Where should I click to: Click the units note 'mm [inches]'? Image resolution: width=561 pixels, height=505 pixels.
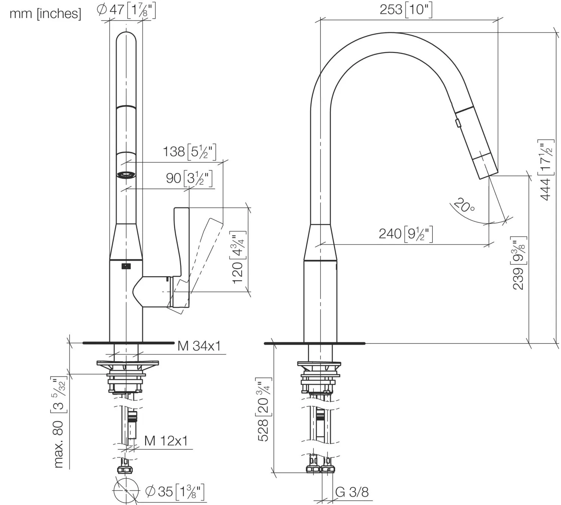(45, 14)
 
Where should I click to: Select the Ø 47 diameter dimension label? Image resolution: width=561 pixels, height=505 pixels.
(126, 10)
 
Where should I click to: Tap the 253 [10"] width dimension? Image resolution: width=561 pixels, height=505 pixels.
(406, 10)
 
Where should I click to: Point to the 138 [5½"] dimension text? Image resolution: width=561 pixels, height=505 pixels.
(190, 152)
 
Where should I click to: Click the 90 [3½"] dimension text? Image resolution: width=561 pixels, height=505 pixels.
(189, 178)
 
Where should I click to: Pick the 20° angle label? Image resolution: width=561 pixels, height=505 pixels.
(465, 205)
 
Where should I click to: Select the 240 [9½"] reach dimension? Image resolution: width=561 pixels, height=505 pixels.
(406, 234)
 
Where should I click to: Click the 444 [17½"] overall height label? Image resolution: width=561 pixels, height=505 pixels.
(546, 170)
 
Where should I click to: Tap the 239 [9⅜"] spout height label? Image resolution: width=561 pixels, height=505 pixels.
(519, 263)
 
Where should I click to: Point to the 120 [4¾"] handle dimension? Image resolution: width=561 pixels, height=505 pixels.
(238, 257)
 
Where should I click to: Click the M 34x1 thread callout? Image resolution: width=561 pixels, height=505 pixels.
(199, 346)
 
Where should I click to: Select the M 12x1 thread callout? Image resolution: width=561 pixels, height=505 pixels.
(166, 441)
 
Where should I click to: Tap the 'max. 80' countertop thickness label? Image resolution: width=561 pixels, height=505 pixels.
(58, 444)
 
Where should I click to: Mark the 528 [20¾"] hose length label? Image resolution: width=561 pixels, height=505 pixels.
(263, 409)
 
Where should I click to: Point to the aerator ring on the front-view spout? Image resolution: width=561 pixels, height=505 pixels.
(126, 175)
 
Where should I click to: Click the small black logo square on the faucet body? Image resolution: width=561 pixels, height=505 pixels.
(126, 266)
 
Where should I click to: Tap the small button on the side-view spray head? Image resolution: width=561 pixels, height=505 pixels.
(458, 123)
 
